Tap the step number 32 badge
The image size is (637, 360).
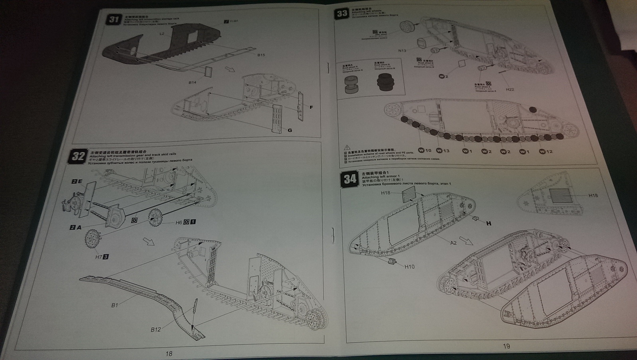click(78, 156)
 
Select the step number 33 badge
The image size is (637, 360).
click(342, 14)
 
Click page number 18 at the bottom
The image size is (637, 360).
click(169, 353)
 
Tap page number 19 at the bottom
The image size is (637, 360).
click(506, 346)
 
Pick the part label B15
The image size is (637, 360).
click(261, 55)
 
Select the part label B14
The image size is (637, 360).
click(193, 82)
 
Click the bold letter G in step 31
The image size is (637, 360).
click(290, 130)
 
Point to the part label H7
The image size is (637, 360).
click(99, 257)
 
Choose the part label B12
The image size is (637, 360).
click(156, 329)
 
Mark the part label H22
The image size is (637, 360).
click(510, 89)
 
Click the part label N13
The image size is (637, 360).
click(402, 51)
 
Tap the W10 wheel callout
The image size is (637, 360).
click(425, 150)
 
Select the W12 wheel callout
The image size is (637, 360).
click(545, 151)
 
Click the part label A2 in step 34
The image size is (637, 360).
click(453, 242)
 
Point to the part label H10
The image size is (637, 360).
click(409, 266)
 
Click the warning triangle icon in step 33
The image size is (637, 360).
click(346, 148)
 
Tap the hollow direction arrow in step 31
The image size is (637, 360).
click(230, 69)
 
